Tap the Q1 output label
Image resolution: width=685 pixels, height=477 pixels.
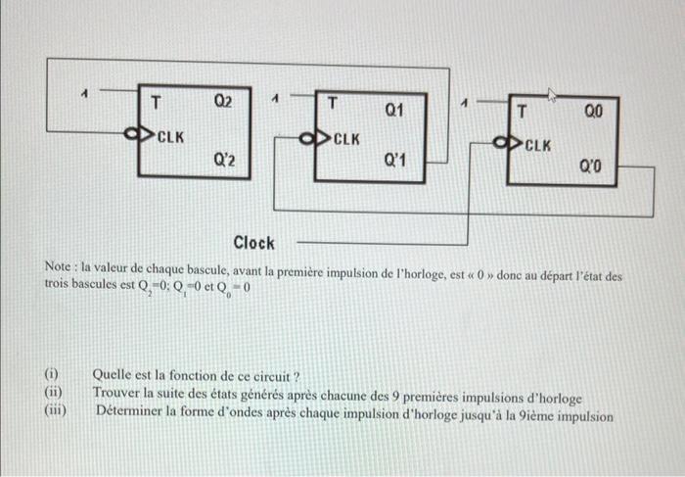coord(394,111)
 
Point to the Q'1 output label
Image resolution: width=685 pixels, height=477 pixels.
coord(395,159)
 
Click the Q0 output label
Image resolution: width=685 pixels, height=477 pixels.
coord(594,113)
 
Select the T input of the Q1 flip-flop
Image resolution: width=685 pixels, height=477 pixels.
coord(332,101)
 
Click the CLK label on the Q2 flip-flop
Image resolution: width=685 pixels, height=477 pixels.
coord(170,135)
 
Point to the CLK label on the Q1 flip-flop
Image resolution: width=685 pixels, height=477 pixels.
coord(346,139)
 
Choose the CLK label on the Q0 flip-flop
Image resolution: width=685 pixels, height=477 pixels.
coord(536,146)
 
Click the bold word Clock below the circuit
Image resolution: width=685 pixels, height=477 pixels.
coord(253,242)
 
